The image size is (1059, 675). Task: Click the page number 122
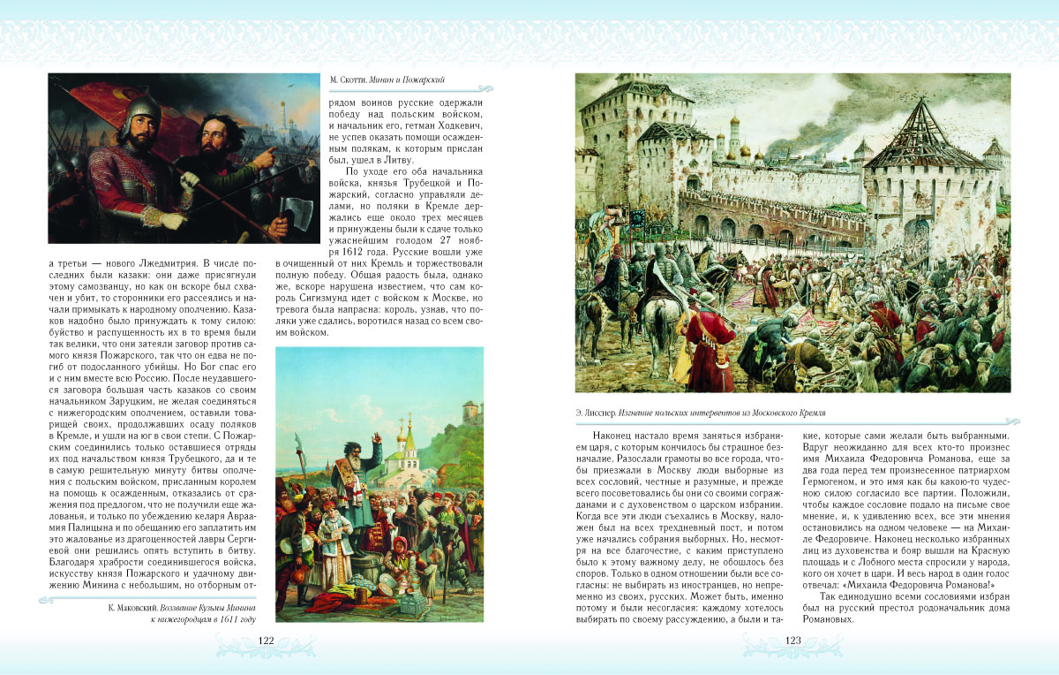point(266,641)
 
